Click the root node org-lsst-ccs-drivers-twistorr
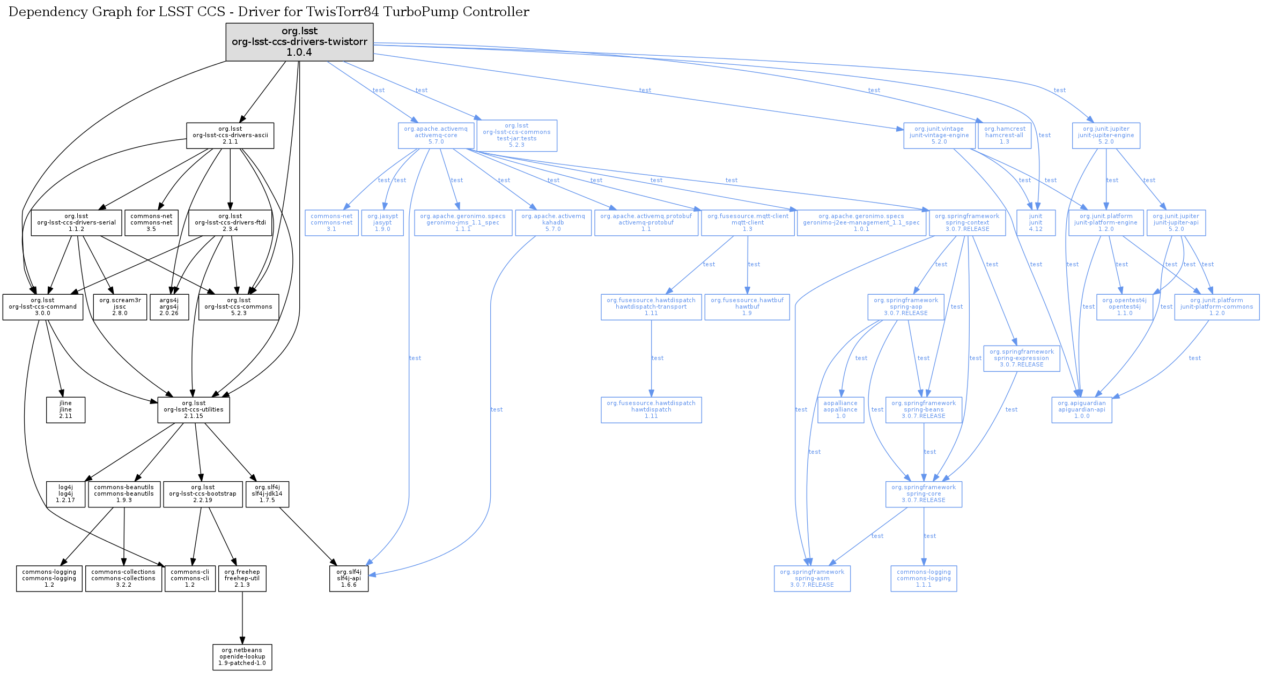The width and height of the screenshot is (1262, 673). [299, 42]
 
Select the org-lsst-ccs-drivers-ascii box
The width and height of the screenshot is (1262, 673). [230, 136]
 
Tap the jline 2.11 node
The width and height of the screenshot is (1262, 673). [65, 410]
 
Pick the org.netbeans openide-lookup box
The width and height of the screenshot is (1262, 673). [242, 657]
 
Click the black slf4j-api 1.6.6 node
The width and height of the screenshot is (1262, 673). [349, 579]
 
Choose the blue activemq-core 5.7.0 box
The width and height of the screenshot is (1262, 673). [436, 136]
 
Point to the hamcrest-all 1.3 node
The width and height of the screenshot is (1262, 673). [1005, 136]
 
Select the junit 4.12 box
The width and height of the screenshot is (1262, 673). [1036, 223]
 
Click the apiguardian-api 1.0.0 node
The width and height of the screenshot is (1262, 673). [1082, 410]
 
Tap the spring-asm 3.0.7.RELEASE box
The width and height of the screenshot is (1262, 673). [812, 579]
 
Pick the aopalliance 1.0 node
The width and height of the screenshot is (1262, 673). [840, 410]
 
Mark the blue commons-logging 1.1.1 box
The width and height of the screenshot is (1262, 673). [924, 579]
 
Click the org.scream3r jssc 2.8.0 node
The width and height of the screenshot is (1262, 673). [120, 307]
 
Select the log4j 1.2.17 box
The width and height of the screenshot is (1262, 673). [65, 494]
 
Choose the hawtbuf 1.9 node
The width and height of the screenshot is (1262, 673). [747, 307]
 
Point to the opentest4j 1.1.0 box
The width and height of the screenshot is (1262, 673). [1125, 307]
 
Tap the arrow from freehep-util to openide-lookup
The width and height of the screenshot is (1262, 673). [242, 616]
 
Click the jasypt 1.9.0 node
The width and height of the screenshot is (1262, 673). [382, 223]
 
